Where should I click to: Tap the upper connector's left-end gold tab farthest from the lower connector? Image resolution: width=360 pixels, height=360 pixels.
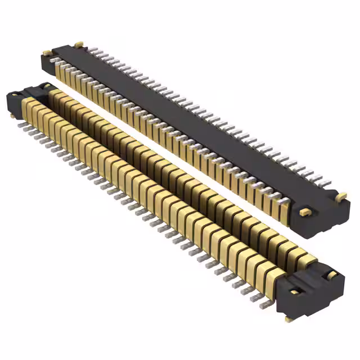[79, 43]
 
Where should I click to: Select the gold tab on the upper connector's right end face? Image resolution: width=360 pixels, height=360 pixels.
[304, 212]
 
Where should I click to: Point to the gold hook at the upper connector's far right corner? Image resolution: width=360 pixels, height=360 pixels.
[341, 195]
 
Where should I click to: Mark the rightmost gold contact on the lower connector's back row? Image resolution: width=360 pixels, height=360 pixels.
[307, 256]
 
